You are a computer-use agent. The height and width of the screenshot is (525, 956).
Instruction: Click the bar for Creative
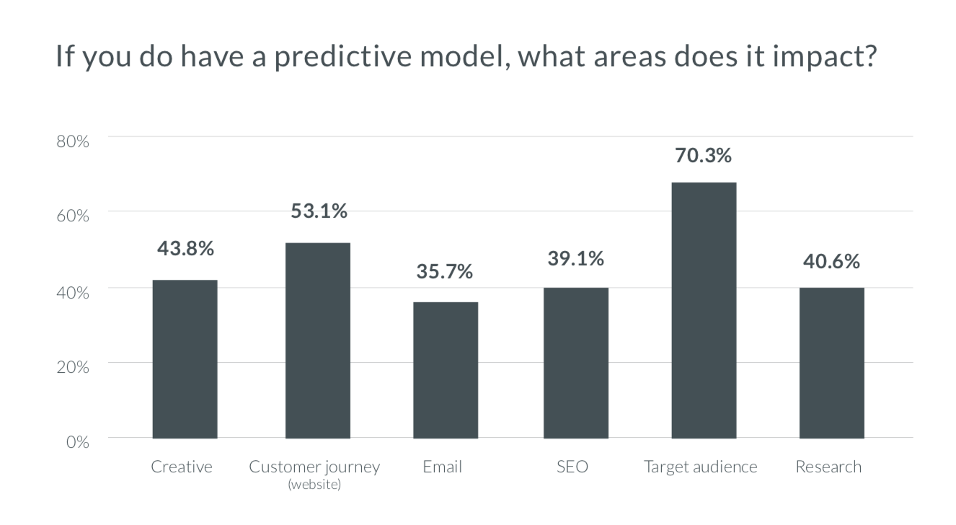pos(185,358)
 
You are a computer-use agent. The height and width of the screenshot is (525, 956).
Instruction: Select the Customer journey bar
pos(317,340)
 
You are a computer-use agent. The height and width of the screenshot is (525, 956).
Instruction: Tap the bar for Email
pos(445,369)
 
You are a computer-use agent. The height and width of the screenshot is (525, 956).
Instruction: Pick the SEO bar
pos(575,362)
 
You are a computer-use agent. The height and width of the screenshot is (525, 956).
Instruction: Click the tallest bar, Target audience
pos(704,310)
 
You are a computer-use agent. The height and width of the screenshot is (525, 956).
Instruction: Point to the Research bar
pos(831,362)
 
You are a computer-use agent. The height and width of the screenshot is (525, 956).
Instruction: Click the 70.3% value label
pos(703,155)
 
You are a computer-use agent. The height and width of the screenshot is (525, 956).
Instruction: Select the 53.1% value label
pos(319,211)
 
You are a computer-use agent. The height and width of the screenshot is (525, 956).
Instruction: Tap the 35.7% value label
pos(444,272)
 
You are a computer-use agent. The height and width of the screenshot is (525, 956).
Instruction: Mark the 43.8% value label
pos(185,249)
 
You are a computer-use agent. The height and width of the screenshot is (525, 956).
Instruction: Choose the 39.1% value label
pos(575,258)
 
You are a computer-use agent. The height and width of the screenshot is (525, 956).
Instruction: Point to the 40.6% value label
pos(831,261)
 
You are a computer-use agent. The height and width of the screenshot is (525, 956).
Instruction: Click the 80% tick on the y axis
pos(72,141)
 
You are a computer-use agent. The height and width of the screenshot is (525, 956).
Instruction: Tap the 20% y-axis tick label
pos(72,367)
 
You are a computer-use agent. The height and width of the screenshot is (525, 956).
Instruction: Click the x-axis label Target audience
pos(700,467)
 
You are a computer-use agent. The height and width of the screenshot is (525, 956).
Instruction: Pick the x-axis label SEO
pos(572,467)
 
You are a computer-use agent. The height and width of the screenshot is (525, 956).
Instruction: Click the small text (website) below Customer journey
pos(314,485)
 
